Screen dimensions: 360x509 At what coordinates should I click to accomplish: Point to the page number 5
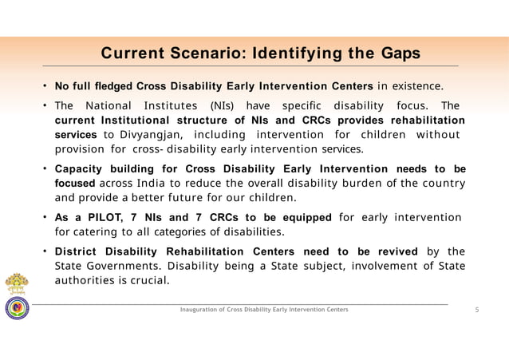[476, 309]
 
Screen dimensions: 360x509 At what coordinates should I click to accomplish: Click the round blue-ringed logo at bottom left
[16, 309]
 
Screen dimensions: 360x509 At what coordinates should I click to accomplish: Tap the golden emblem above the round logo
[16, 284]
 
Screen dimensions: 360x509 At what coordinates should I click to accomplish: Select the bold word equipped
[302, 218]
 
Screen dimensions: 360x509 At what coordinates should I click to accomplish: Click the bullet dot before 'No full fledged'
[46, 85]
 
